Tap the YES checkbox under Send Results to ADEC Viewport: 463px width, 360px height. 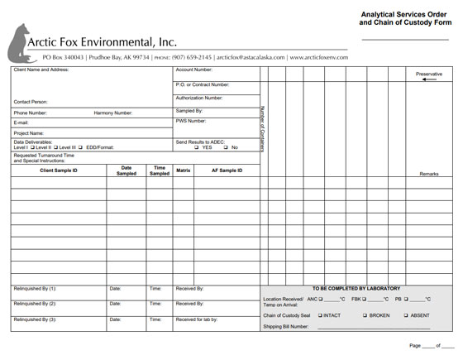point(196,147)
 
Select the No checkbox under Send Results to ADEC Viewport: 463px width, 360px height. point(225,147)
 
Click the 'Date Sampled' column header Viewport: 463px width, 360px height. point(126,170)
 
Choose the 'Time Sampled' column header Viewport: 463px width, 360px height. point(160,170)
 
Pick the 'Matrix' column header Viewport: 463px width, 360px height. point(184,170)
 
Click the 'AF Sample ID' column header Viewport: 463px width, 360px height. point(227,170)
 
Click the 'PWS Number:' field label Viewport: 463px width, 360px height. point(192,121)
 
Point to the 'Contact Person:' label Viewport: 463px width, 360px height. point(31,102)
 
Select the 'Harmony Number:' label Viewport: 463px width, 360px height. point(113,113)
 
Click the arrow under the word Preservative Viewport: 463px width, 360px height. point(428,80)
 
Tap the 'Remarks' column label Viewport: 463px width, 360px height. point(429,175)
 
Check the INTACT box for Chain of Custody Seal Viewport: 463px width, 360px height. point(320,315)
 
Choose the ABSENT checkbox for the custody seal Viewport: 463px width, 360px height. point(406,315)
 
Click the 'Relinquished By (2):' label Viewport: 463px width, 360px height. point(35,304)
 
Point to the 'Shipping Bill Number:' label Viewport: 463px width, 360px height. point(286,326)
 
